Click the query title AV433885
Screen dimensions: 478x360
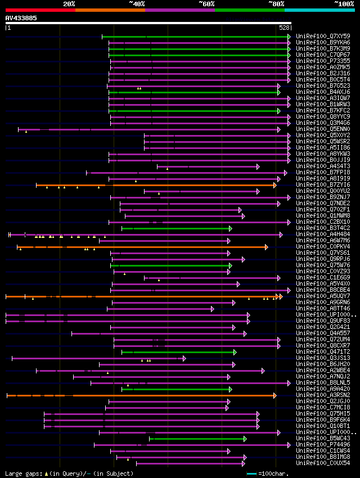point(21,18)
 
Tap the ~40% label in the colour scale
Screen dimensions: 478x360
point(137,3)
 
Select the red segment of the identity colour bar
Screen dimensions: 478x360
point(40,10)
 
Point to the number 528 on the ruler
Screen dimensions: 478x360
point(284,28)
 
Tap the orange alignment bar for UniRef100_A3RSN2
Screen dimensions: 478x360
point(141,395)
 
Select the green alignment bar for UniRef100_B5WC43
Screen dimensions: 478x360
point(197,439)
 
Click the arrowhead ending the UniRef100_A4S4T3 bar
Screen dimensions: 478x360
point(258,166)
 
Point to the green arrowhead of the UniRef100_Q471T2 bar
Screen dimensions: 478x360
point(235,352)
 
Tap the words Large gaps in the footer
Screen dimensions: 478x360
point(23,474)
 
